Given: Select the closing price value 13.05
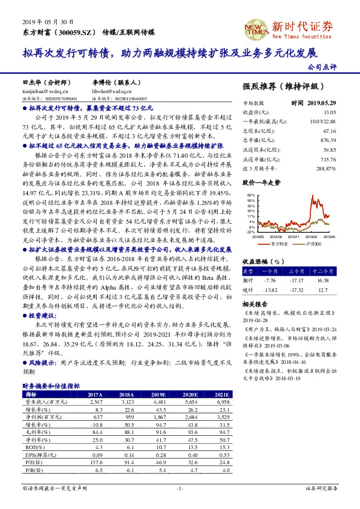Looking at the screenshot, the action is tap(329, 112).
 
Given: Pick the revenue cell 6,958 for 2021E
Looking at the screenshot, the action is tap(221, 401).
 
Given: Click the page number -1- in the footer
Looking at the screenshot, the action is tap(180, 488).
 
